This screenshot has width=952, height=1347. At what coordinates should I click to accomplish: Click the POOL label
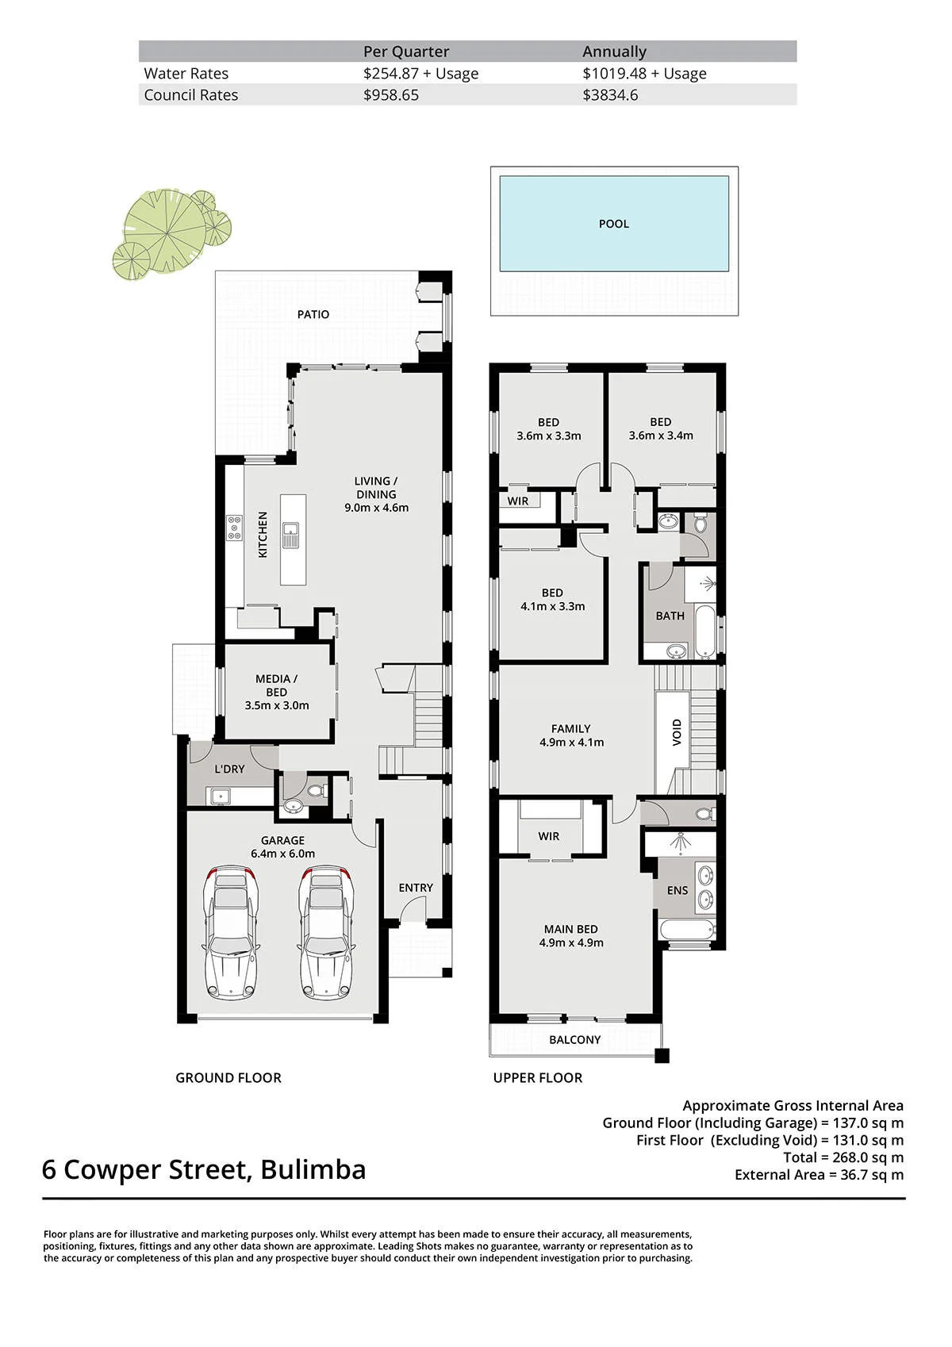(613, 224)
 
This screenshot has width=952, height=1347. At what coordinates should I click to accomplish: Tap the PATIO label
(313, 314)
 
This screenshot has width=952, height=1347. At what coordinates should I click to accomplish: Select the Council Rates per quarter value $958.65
(391, 95)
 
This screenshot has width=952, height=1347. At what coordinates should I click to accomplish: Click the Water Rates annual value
(644, 73)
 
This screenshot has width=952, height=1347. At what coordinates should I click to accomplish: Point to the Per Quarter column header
(406, 52)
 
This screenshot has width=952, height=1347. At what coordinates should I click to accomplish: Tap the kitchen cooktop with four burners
(234, 528)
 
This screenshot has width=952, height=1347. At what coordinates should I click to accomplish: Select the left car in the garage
(232, 933)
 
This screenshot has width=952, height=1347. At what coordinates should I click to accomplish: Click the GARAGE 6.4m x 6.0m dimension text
(282, 854)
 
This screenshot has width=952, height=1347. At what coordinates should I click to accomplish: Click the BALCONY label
(575, 1040)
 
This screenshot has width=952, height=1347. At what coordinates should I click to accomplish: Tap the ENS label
(678, 891)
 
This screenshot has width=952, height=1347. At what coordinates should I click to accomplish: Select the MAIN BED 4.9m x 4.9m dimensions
(570, 943)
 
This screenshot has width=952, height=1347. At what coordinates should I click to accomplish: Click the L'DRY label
(230, 769)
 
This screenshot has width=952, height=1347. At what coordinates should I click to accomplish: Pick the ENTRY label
(416, 888)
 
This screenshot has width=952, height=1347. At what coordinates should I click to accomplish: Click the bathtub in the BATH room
(704, 631)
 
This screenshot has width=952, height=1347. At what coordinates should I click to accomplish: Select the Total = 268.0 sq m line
(843, 1157)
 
